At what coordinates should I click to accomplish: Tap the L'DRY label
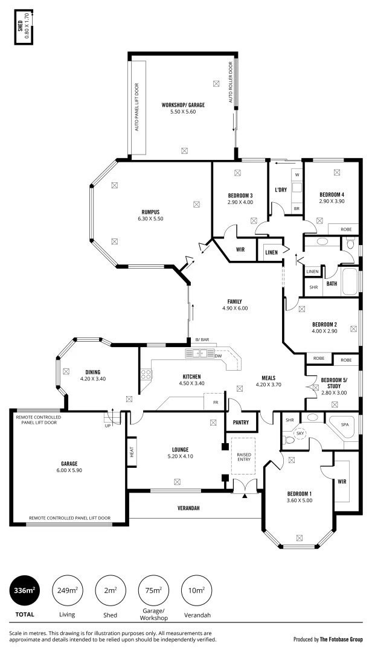coord(280,190)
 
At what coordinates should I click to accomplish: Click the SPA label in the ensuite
coord(345,424)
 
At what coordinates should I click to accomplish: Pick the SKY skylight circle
coord(300,433)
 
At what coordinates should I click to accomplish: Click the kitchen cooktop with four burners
coord(146,374)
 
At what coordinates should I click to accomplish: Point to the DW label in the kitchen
coord(217,356)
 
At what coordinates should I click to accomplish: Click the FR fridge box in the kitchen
coord(213,400)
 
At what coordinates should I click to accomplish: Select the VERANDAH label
coord(188,508)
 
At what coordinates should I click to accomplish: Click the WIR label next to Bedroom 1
coord(341,481)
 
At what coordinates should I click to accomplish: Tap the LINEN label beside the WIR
coord(271,252)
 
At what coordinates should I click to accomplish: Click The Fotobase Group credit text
coord(342,639)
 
